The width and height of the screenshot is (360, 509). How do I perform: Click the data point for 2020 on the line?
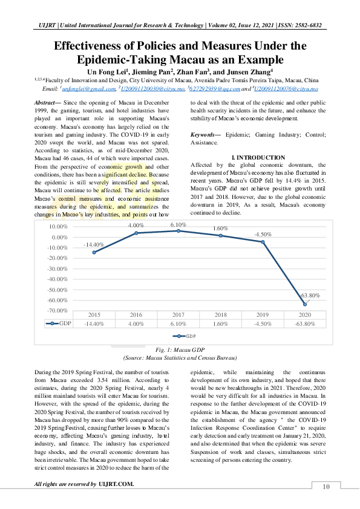point(304,304)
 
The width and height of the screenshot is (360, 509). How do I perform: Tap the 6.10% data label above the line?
point(178,224)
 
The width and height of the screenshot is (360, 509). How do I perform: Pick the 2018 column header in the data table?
point(220,315)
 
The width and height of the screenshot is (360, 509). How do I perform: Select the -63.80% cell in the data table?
point(304,323)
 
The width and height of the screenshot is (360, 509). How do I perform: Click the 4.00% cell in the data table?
point(136,323)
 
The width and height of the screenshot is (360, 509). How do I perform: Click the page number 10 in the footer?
point(326,487)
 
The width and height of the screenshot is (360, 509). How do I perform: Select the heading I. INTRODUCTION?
point(258,157)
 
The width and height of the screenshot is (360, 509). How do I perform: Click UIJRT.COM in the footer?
point(116,484)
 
